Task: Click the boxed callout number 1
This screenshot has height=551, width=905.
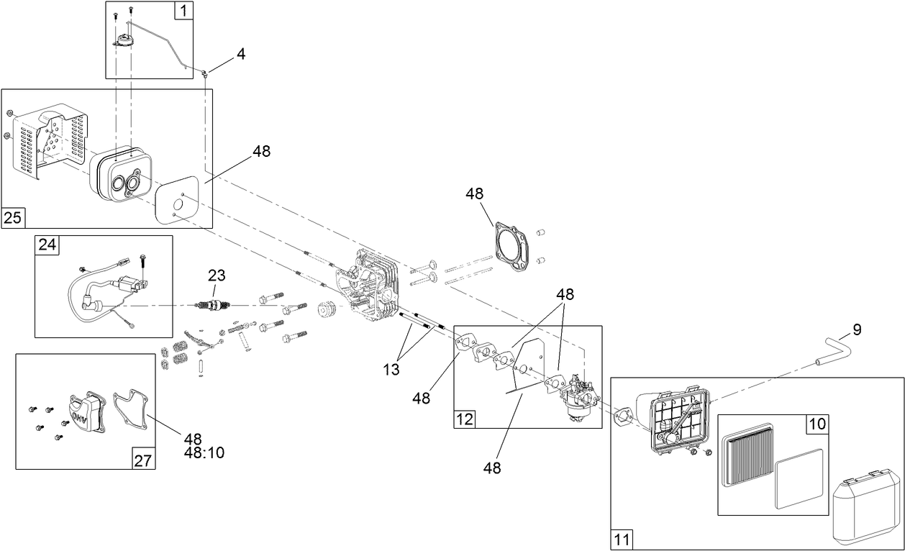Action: [x=183, y=11]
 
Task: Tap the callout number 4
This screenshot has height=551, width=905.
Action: [x=241, y=54]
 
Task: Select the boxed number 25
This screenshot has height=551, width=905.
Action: [x=12, y=218]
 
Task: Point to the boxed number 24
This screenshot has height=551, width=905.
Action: [x=47, y=245]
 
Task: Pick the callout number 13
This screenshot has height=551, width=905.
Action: [x=391, y=370]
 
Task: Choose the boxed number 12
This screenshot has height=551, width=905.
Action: [x=465, y=418]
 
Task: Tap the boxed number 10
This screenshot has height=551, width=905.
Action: [x=817, y=424]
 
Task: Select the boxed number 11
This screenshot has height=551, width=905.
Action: [x=622, y=539]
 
